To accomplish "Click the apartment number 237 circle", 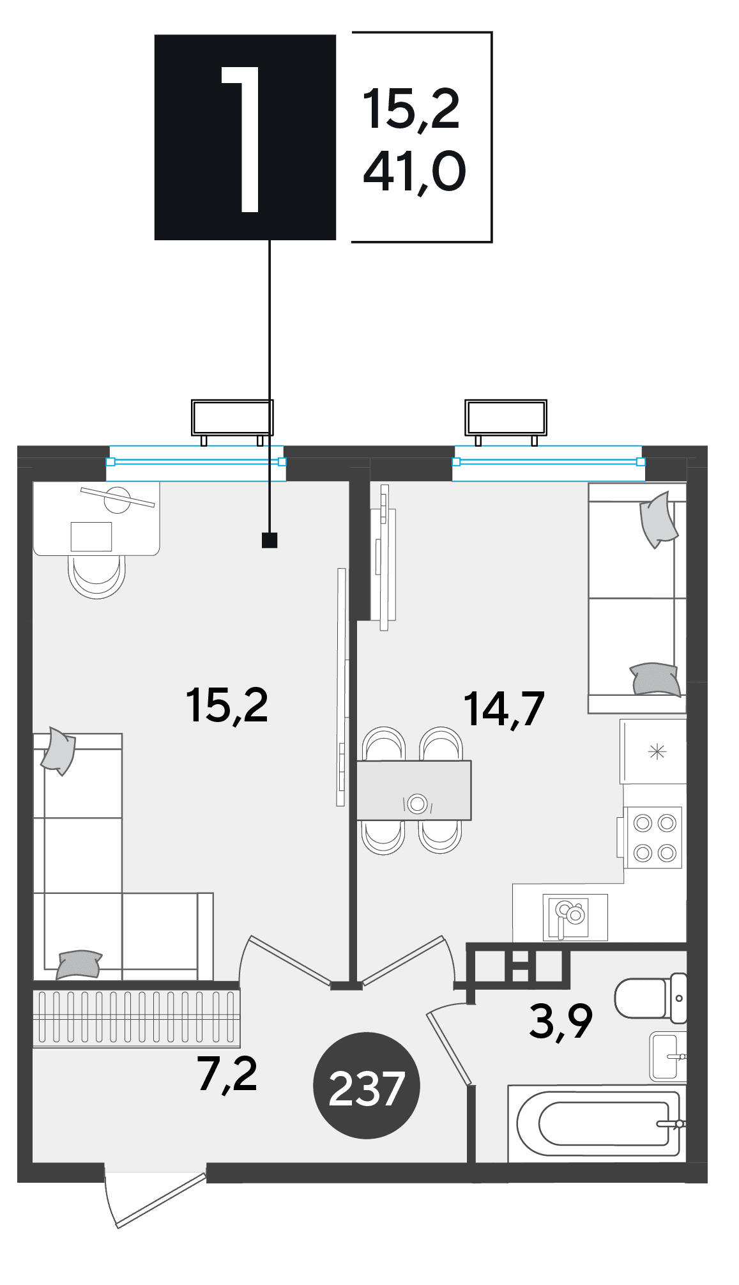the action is [x=366, y=1086].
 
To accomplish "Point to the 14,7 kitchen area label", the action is [x=504, y=709].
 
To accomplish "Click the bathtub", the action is [x=597, y=1123].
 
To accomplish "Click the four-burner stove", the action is [x=653, y=837].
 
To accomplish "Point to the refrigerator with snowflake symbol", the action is [x=653, y=751].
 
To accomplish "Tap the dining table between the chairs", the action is [x=414, y=790].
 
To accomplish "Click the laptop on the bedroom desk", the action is [x=91, y=536].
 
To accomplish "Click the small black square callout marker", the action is [x=270, y=540].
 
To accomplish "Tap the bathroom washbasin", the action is [x=667, y=1056].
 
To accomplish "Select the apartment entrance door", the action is [x=155, y=1198].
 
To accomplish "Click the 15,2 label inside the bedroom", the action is [x=227, y=705].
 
